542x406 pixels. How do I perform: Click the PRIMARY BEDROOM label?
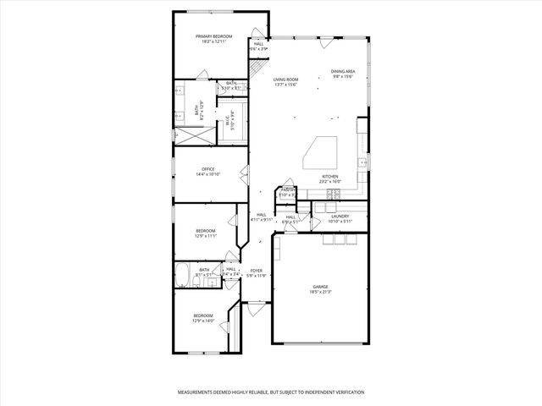click(x=213, y=36)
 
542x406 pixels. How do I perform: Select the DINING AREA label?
click(x=342, y=72)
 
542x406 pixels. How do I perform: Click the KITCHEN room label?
click(x=329, y=176)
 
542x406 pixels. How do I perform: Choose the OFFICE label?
click(x=207, y=169)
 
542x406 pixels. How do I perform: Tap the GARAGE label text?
click(x=320, y=288)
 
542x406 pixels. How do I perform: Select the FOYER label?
click(x=256, y=271)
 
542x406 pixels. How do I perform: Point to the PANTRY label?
click(x=288, y=189)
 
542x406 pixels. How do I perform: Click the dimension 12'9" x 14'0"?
click(x=202, y=321)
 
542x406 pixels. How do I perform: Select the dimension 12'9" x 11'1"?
click(x=206, y=236)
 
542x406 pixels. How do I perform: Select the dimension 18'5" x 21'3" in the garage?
click(x=320, y=294)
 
